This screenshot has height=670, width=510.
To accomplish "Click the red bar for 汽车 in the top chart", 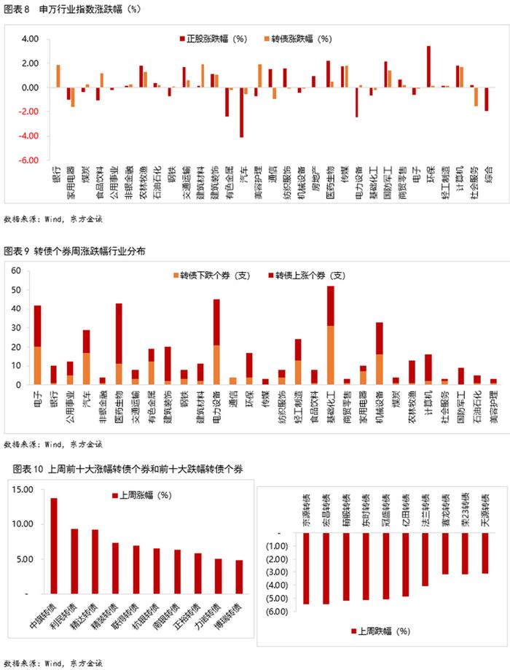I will (241, 112).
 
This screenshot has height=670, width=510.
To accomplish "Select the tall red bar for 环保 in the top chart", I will (428, 67).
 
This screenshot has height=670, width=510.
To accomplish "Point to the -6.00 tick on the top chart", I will (28, 160).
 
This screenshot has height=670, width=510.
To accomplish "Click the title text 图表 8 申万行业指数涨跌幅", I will (62, 9).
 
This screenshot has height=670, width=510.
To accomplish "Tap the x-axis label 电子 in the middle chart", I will (37, 397).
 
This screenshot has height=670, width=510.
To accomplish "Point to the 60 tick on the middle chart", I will (15, 271).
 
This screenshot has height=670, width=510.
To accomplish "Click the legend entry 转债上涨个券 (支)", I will (310, 276).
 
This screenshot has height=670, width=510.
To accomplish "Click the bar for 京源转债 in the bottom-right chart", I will (305, 569).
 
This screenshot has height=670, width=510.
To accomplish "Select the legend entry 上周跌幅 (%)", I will (380, 631).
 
